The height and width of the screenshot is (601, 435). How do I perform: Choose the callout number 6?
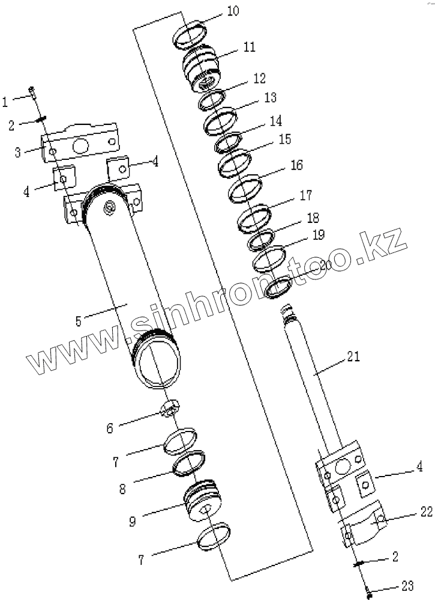[x=110, y=428]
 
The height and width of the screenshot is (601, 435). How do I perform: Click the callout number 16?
[x=296, y=165]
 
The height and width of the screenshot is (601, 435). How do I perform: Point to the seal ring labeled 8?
[x=188, y=463]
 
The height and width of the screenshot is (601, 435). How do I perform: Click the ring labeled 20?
[x=279, y=288]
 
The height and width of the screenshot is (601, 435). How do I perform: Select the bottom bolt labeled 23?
[x=370, y=594]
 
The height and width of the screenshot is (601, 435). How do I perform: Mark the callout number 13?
[x=270, y=97]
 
